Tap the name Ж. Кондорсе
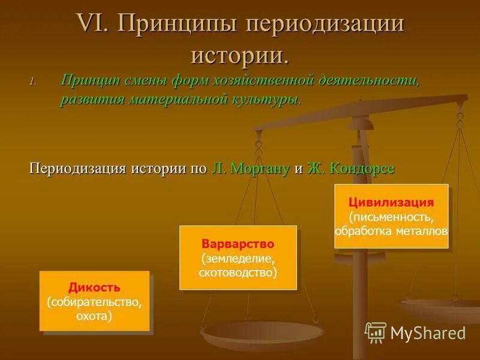tap(350, 168)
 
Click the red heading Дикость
tap(94, 287)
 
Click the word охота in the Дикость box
tap(94, 315)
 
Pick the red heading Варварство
tap(238, 244)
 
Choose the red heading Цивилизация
tap(391, 203)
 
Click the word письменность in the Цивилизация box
tap(391, 216)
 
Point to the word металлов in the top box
tap(424, 230)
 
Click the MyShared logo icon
tap(376, 332)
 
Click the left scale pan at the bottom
tap(262, 334)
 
